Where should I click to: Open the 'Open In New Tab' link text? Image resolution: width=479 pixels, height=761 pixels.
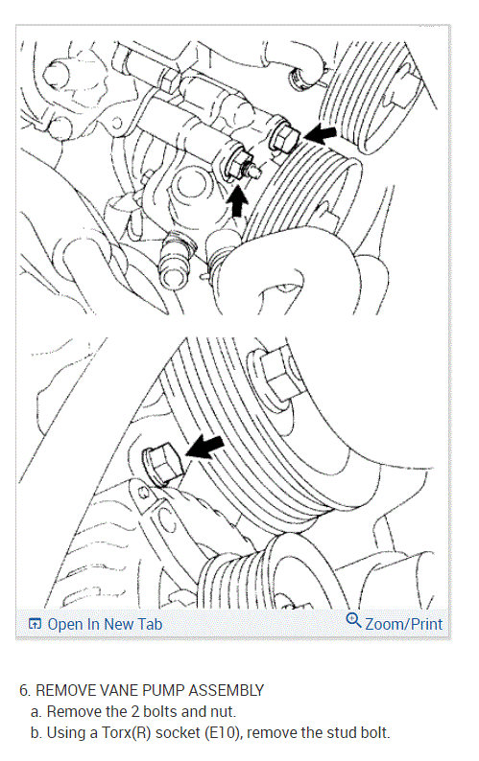(x=105, y=624)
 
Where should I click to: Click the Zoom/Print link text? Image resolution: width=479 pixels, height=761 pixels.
(x=404, y=624)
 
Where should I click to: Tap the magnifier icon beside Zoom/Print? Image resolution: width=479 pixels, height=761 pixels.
(x=353, y=622)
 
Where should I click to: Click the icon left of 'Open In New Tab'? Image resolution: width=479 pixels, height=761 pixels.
(x=36, y=624)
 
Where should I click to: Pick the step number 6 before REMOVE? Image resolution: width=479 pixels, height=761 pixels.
(x=23, y=690)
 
